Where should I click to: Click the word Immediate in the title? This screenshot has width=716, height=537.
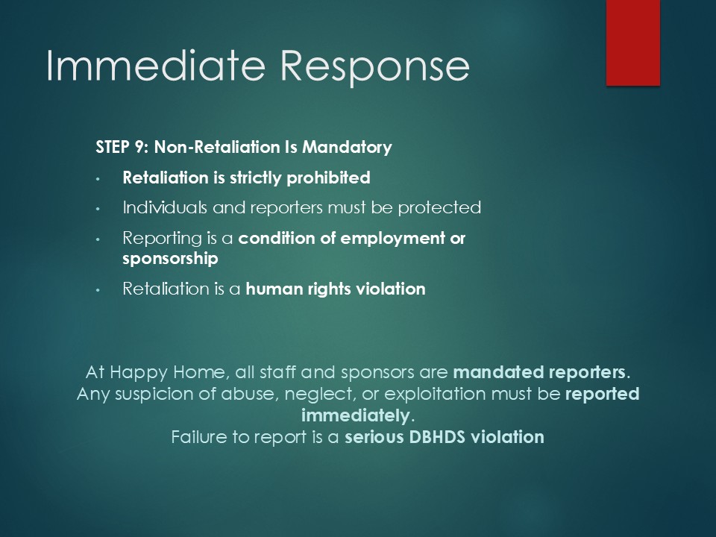(x=156, y=66)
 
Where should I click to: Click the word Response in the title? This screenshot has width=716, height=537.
(x=375, y=69)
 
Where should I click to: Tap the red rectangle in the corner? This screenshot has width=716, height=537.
(x=633, y=43)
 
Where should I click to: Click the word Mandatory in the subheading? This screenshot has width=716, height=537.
(x=347, y=148)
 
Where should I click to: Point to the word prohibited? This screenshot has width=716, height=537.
(x=328, y=178)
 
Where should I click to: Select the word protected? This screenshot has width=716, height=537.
(x=439, y=208)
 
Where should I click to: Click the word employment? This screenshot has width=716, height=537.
(x=393, y=239)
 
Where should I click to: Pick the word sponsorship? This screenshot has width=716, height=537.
(x=170, y=259)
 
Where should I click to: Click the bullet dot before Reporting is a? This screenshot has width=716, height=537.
(x=98, y=239)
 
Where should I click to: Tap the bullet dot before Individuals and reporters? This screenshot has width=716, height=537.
(x=98, y=209)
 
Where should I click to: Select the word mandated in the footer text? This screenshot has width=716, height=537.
(x=498, y=372)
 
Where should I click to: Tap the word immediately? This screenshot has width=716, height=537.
(x=356, y=416)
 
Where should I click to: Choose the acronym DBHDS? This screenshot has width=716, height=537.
(x=437, y=438)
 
